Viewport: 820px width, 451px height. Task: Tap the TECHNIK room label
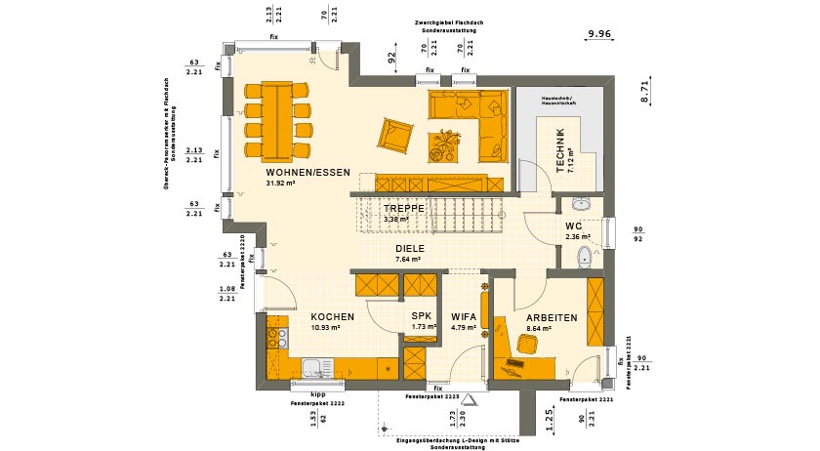pos(560,150)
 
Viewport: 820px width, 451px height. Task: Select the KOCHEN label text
pos(332,317)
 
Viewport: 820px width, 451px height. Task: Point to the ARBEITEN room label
pos(552,318)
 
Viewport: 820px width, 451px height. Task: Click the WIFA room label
pos(464,317)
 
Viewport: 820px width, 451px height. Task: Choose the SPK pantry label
pos(421,316)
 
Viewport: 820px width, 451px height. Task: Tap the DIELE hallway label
pos(408,249)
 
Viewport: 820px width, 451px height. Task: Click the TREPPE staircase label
pos(403,209)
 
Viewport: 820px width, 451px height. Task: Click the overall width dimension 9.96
pos(598,35)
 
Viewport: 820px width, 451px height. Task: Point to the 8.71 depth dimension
pos(644,92)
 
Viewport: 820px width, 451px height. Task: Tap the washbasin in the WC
pos(582,205)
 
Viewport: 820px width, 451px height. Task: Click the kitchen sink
pos(314,369)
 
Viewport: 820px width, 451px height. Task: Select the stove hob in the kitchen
pos(276,339)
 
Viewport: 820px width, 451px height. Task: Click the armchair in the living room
pos(395,135)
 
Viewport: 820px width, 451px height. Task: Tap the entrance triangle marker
pos(469,399)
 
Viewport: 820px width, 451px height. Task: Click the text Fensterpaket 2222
pos(317,401)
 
